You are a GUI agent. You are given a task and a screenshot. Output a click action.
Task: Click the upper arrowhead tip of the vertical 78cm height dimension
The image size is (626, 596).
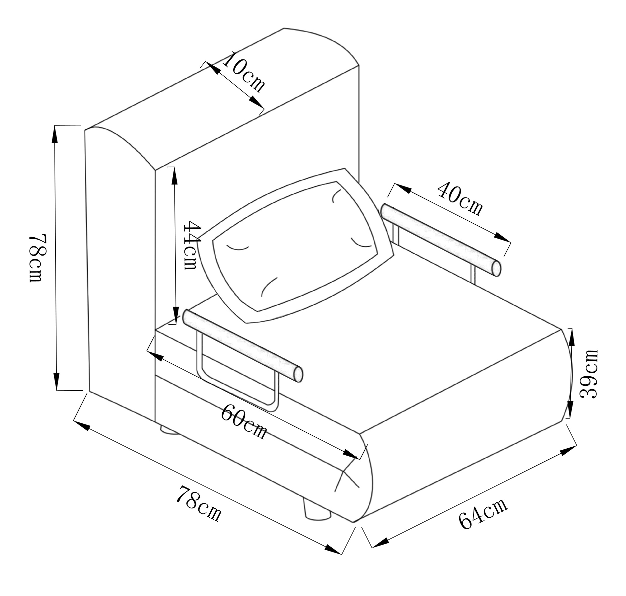point(55,126)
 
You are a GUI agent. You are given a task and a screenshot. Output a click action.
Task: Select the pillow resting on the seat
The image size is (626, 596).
point(295,246)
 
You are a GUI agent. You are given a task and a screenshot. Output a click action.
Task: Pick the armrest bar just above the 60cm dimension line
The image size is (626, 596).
point(243,345)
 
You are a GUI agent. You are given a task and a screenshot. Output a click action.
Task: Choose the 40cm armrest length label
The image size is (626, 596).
point(460,199)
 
